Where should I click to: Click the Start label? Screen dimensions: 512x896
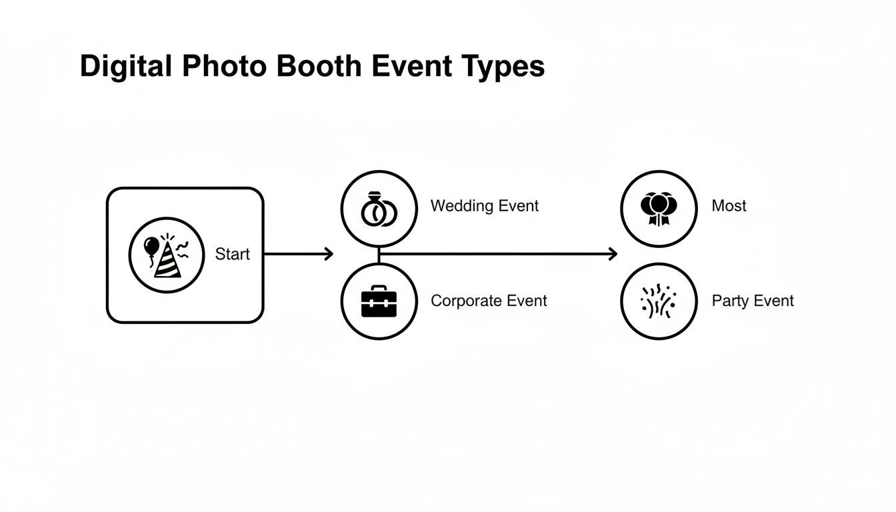coord(233,254)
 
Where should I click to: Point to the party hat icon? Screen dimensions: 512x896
coord(168,257)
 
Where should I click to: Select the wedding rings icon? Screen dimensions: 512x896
coord(379,209)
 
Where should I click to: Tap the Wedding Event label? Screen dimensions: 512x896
coord(485,206)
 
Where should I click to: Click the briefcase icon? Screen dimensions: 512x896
coord(379,301)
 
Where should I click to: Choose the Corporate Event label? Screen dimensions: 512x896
coord(489,301)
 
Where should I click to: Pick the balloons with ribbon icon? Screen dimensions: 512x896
coord(658,208)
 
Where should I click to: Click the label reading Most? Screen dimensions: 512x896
coord(729,206)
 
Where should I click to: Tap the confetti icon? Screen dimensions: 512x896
coord(658,301)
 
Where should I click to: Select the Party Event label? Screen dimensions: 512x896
coord(753,301)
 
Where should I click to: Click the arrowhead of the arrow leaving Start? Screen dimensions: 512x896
coord(329,253)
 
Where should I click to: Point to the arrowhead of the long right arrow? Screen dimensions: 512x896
coord(613,253)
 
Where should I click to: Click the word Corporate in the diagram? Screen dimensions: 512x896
coord(464,301)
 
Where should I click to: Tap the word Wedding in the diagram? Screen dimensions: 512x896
coord(461,206)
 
